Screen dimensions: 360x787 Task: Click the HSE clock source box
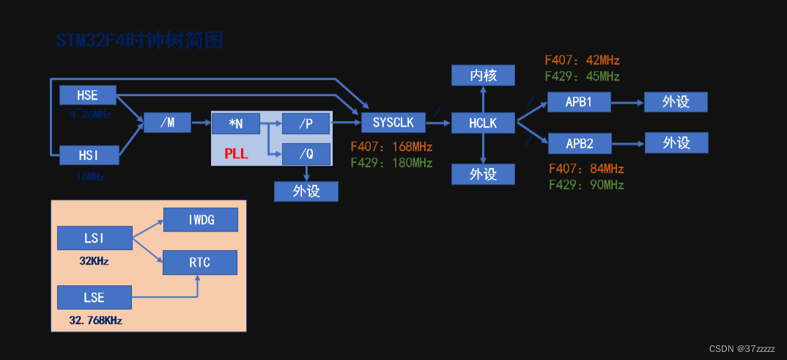88,95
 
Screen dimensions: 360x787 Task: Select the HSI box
88,155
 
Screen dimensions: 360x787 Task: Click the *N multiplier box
235,123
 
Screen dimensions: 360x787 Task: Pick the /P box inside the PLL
306,123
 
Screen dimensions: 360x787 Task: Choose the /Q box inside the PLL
306,154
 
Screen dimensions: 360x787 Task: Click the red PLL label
236,155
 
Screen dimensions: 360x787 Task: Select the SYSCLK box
393,123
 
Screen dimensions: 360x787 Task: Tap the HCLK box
483,123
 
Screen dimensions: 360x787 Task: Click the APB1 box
579,103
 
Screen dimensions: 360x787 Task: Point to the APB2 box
579,142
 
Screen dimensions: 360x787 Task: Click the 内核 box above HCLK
483,75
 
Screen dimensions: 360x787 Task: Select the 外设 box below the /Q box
306,191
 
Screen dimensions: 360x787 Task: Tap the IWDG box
201,219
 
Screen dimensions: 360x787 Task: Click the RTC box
200,262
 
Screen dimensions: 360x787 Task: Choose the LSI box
95,238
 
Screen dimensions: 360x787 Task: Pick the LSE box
95,298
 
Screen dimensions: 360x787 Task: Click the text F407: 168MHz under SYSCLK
391,147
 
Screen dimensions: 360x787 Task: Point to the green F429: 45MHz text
583,76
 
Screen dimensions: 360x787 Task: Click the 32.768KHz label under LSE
95,320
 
